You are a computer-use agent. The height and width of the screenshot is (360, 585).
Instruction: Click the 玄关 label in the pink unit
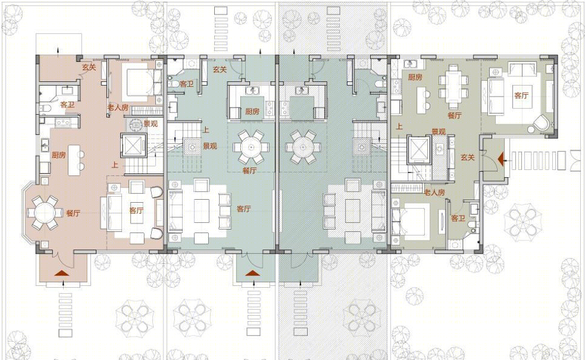pos(89,67)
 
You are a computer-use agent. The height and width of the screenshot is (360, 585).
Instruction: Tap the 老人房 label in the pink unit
pos(118,107)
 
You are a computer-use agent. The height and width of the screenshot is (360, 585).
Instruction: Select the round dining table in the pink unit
pos(44,213)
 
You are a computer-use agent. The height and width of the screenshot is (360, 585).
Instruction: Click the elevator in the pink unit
pos(132,145)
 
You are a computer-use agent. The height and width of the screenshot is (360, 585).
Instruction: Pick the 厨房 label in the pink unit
pos(59,155)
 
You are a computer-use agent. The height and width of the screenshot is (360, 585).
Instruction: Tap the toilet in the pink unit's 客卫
pos(45,109)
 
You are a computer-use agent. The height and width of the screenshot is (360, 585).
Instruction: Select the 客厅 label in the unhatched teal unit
pos(243,209)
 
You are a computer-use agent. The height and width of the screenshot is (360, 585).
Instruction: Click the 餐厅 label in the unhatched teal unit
pos(249,171)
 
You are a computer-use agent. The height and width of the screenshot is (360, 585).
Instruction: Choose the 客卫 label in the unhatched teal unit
pos(186,84)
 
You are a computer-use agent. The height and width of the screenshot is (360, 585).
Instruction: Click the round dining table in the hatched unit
pos(303,148)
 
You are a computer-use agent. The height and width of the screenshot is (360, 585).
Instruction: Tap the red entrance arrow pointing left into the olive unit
pos(501,159)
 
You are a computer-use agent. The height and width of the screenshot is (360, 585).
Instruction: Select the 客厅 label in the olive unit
pos(521,95)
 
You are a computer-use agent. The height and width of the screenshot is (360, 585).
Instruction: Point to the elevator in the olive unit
pos(420,150)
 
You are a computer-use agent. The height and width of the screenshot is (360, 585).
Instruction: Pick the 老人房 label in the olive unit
pos(435,192)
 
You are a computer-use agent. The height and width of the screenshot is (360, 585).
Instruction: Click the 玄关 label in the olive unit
pos(467,157)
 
